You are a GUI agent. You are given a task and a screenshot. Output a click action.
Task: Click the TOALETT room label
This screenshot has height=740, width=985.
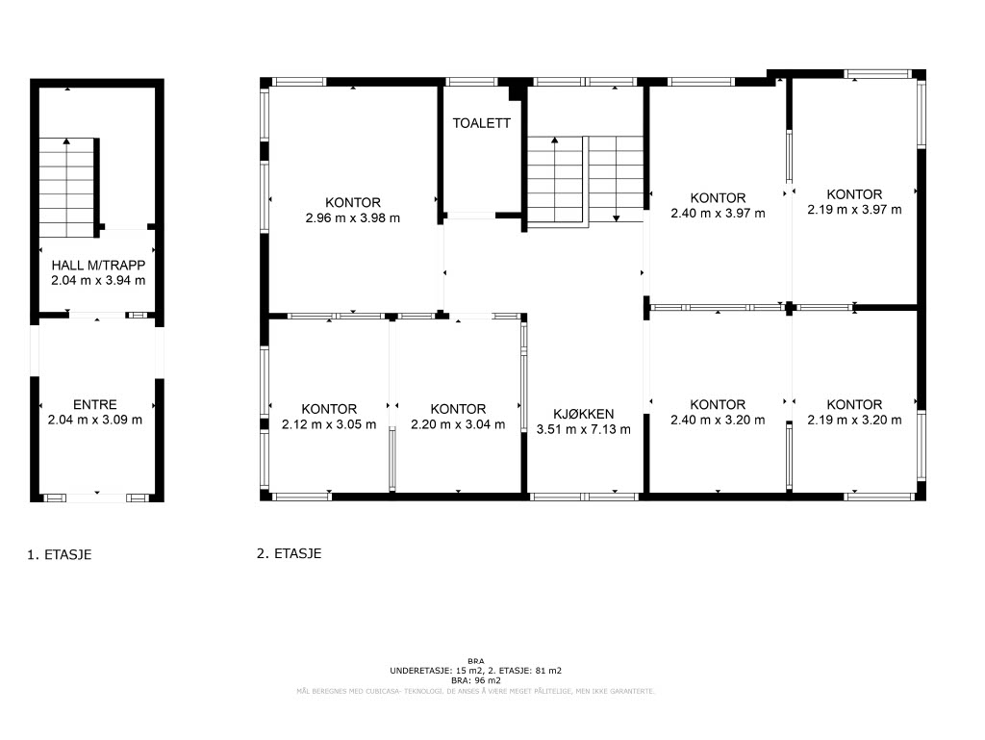tap(482, 123)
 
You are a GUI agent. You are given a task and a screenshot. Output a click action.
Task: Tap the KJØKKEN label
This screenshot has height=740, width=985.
tap(584, 414)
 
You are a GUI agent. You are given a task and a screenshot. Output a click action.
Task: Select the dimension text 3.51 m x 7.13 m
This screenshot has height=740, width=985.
tap(584, 430)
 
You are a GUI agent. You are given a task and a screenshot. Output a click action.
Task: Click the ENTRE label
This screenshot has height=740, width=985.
tap(95, 404)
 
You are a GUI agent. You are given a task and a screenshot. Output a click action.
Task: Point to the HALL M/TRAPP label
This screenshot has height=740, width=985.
tap(98, 265)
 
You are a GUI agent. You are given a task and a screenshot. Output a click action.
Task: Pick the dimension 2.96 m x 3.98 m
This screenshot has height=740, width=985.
tap(353, 218)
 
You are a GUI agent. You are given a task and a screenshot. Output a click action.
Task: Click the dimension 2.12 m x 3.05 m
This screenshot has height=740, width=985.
tap(329, 424)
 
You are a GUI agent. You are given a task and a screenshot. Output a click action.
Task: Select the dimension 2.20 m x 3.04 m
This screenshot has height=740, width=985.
tap(458, 424)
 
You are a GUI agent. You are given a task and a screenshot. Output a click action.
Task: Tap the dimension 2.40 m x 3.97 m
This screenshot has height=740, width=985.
tap(718, 214)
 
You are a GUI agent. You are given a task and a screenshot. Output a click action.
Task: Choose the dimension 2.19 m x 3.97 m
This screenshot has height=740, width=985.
tap(854, 210)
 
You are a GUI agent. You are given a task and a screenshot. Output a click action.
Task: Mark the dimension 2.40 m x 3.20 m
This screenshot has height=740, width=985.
tap(718, 421)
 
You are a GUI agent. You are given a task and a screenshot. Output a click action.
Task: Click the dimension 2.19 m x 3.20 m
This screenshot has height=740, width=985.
tap(854, 421)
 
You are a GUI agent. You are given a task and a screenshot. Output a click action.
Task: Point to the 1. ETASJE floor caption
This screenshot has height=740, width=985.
tap(59, 554)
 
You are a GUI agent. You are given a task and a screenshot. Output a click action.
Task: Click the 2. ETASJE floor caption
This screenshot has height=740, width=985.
tap(289, 553)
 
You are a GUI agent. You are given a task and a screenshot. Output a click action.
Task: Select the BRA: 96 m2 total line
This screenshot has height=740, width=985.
tap(476, 680)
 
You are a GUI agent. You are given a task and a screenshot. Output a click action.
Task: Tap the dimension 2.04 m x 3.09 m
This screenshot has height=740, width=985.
tap(95, 420)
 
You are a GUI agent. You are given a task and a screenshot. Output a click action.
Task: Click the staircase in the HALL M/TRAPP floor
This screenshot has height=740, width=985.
tap(66, 188)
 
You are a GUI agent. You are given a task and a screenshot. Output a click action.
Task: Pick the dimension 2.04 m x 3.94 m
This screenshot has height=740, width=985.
tap(98, 281)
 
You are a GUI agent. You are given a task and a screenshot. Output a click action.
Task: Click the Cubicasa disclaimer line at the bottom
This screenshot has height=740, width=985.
tap(475, 691)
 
